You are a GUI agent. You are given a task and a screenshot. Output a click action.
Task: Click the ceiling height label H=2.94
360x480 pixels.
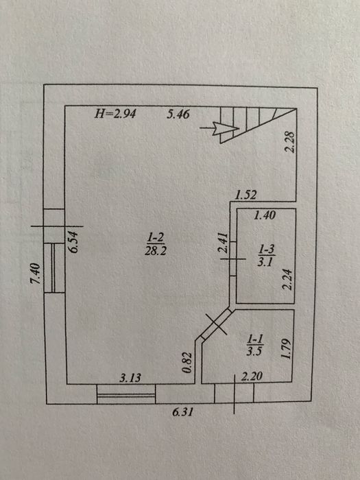(x=115, y=114)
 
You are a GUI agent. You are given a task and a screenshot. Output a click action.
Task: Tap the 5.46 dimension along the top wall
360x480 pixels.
(x=178, y=115)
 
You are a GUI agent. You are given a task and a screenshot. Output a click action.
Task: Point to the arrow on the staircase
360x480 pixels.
(x=219, y=128)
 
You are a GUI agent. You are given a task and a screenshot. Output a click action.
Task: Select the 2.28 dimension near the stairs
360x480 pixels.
(x=289, y=142)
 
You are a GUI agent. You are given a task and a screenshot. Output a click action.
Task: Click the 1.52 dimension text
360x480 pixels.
(x=245, y=195)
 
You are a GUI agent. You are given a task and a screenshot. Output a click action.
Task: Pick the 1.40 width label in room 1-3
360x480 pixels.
(x=265, y=215)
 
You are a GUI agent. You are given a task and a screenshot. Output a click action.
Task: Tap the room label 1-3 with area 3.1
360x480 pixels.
(x=266, y=256)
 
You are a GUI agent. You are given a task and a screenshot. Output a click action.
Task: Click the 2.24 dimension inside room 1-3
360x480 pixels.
(x=287, y=279)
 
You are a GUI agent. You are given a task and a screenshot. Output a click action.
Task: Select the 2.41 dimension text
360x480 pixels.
(x=223, y=243)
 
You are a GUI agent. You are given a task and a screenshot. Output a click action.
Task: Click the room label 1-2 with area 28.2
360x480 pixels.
(x=156, y=244)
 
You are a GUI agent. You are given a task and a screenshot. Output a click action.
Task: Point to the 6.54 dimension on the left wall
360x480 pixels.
(x=74, y=242)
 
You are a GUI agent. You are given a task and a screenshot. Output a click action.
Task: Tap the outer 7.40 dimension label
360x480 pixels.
(x=35, y=274)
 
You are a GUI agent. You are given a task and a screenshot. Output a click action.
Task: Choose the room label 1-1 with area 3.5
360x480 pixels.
(x=254, y=346)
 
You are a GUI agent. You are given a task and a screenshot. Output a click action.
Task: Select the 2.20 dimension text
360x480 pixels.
(x=252, y=376)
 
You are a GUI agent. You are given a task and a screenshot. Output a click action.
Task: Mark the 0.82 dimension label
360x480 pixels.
(x=187, y=363)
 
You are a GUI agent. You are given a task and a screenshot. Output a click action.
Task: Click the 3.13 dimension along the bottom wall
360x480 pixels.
(x=130, y=378)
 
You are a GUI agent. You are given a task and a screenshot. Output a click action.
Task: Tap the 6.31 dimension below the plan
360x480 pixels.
(x=183, y=412)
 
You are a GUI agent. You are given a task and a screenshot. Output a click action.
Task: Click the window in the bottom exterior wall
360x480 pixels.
(x=126, y=394)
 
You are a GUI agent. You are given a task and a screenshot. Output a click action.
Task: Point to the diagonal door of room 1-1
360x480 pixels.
(x=216, y=324)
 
